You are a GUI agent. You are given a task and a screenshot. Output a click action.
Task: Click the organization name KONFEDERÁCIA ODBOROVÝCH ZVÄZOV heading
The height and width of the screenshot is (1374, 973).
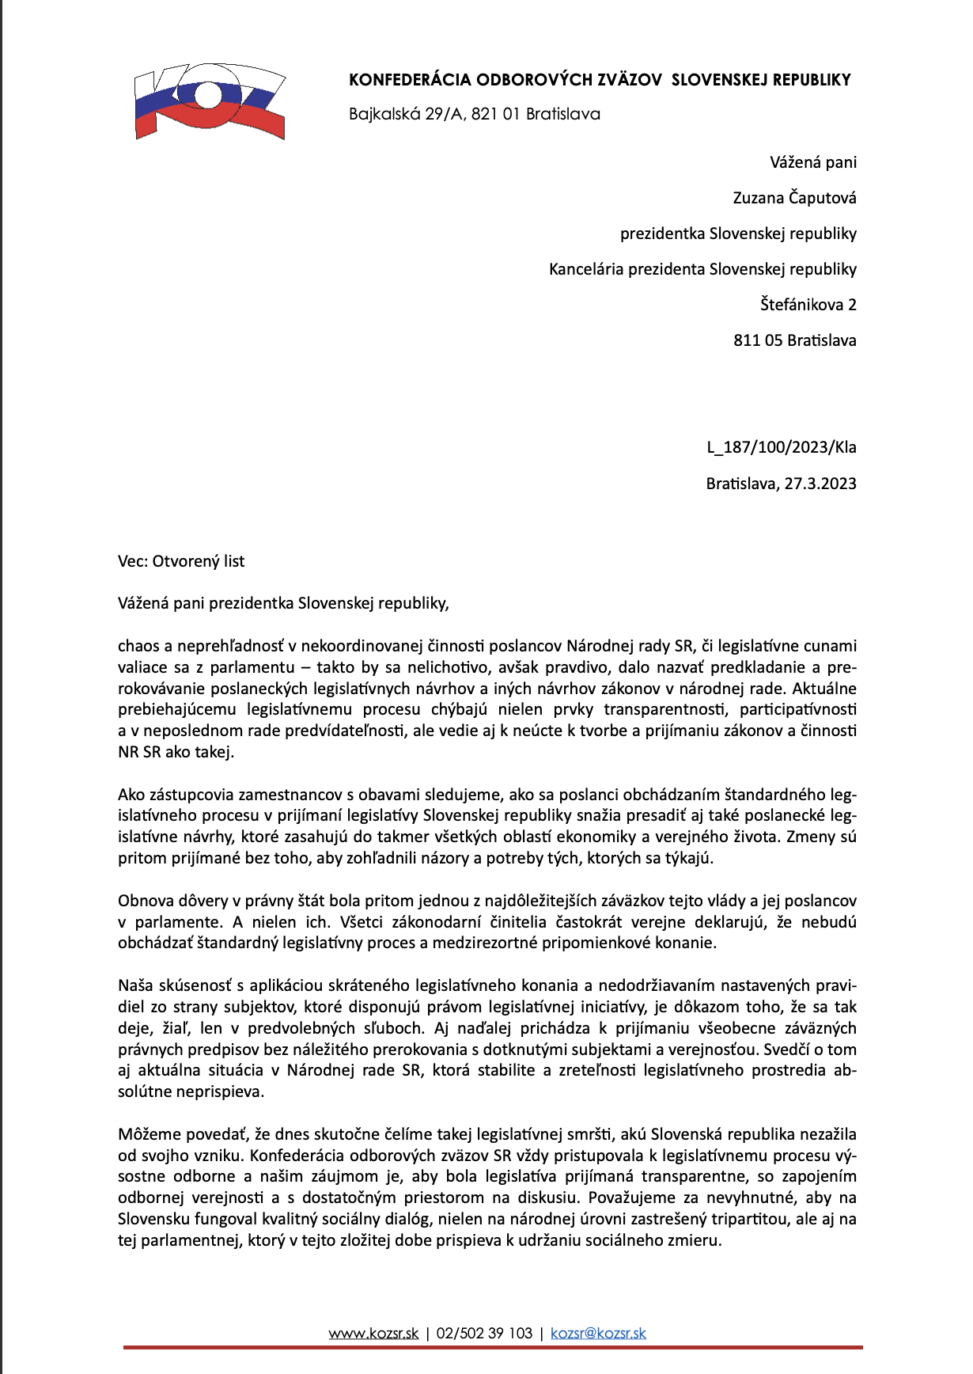(x=600, y=80)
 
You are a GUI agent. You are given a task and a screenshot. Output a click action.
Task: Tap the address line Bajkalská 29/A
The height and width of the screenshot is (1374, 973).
(x=475, y=114)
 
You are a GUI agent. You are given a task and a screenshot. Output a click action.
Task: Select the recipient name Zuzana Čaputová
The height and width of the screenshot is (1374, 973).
(x=794, y=198)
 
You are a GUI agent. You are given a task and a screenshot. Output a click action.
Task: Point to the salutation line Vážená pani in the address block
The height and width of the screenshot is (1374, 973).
(x=813, y=162)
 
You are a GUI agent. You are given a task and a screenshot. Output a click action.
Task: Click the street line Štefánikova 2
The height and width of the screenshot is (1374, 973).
(x=808, y=305)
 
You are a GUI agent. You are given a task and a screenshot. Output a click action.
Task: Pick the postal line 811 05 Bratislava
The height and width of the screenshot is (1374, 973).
(x=794, y=340)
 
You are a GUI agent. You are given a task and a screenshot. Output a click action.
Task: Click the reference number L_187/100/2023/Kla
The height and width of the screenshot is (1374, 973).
(x=782, y=447)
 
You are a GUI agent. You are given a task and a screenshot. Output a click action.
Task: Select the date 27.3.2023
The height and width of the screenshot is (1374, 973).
(x=820, y=484)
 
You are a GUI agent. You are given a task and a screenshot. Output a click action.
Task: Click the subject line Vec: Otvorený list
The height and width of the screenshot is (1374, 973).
(x=181, y=561)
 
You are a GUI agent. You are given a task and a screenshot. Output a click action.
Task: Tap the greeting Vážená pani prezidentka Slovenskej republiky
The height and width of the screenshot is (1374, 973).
(x=283, y=603)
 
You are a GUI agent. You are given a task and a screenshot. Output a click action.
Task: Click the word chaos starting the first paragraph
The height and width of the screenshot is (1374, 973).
(x=138, y=647)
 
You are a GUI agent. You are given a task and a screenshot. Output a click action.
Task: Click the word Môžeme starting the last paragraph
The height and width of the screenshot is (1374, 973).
(x=146, y=1134)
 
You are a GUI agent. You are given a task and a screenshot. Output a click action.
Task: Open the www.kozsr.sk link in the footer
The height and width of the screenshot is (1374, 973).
(x=373, y=1334)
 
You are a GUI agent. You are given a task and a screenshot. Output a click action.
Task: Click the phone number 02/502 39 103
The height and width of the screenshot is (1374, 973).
(x=484, y=1334)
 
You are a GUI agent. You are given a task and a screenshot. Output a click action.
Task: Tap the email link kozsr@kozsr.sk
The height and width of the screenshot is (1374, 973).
(x=598, y=1334)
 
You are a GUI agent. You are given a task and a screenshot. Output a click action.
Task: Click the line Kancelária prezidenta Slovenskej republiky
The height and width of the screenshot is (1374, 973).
(x=702, y=269)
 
